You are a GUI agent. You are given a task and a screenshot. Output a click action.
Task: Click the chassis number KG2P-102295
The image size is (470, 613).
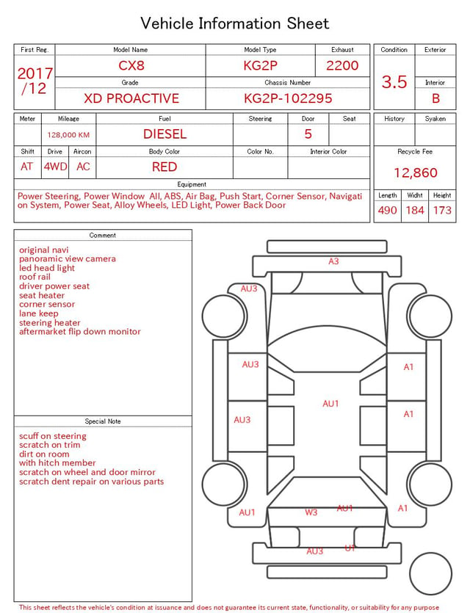point(288,98)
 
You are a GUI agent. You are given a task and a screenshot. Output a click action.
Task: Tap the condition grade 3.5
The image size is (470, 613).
point(394,81)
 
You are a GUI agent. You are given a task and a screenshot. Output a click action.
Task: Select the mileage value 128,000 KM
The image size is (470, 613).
point(68,135)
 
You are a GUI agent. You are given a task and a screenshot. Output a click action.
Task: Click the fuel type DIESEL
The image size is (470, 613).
point(164,134)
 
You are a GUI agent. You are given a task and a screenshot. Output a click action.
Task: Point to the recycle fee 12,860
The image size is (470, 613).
point(415,173)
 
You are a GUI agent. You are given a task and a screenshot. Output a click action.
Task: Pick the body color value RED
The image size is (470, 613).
point(164,167)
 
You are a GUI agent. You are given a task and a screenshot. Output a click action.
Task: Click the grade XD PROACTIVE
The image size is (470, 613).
point(131,98)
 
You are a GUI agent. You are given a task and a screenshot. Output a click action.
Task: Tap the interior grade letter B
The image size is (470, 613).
point(435,98)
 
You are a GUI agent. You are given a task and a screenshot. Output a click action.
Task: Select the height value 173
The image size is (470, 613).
point(442,210)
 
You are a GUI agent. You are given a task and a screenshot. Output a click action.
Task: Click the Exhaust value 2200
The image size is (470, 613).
point(342,65)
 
